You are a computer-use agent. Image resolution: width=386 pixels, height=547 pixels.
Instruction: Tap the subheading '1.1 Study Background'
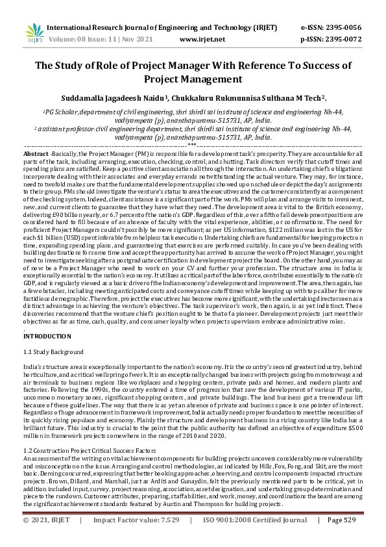click(x=53, y=352)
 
